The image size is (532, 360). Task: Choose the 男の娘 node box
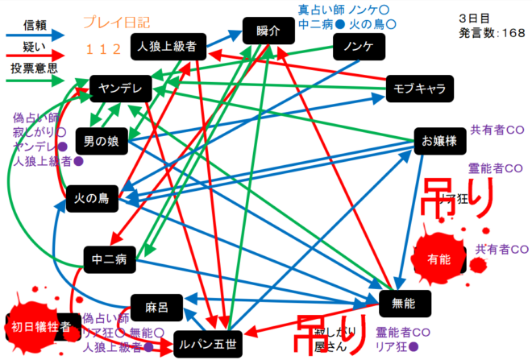pyautogui.click(x=102, y=142)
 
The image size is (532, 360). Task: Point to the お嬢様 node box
pyautogui.click(x=439, y=141)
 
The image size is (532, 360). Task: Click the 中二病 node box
pyautogui.click(x=108, y=259)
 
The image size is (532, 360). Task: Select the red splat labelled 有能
pyautogui.click(x=438, y=258)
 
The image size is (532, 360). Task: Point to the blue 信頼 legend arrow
pyautogui.click(x=36, y=35)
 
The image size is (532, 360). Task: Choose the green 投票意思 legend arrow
pyautogui.click(x=36, y=81)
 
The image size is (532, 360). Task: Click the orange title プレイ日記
pyautogui.click(x=116, y=23)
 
